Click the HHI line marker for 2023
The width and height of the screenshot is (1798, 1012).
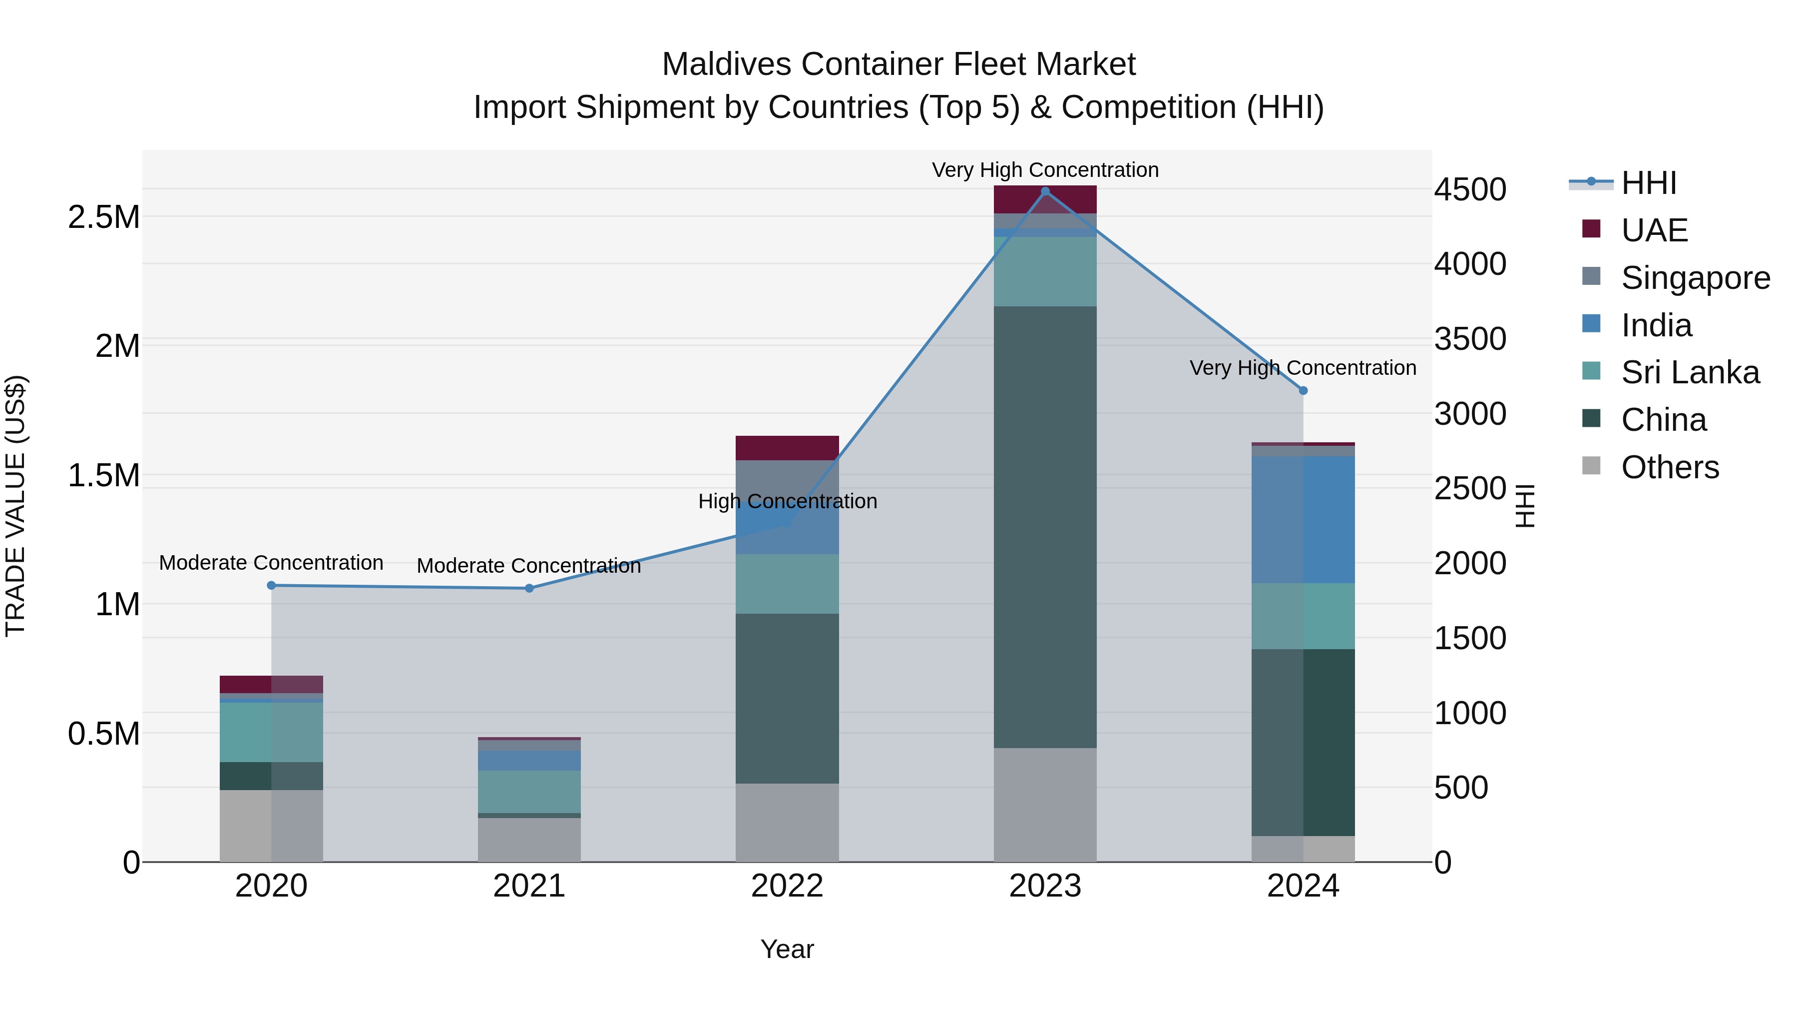(1045, 191)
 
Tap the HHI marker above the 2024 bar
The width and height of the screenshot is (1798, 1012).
(1303, 390)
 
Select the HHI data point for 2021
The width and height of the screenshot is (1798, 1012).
(529, 588)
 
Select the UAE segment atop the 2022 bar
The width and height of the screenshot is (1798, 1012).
(787, 448)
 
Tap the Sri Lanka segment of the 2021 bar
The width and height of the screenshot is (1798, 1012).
(529, 791)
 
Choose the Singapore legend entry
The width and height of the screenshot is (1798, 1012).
(1695, 278)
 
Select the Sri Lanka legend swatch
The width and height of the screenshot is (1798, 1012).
(1591, 371)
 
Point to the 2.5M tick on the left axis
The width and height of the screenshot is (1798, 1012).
(103, 217)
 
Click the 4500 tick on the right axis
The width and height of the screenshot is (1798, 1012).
(1470, 190)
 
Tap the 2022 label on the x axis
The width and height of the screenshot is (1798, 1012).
(787, 886)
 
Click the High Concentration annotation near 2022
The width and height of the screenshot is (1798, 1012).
(787, 501)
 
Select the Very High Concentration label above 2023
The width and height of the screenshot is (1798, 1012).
(1045, 170)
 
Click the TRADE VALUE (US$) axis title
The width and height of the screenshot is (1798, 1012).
(15, 506)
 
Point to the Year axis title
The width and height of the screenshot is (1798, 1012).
(787, 949)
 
